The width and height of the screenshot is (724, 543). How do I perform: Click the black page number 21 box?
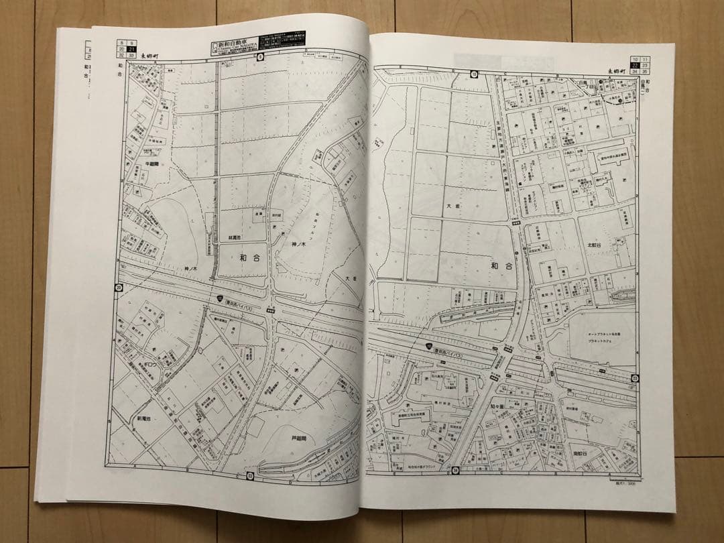tap(133, 49)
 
